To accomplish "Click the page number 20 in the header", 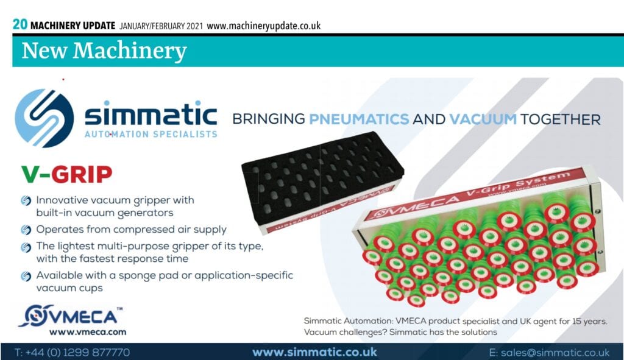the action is [x=20, y=24].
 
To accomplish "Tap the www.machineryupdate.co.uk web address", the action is [x=263, y=26].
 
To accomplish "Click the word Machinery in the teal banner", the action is [x=129, y=51].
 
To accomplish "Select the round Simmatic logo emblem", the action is [x=44, y=118].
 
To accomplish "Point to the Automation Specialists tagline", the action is [x=151, y=135].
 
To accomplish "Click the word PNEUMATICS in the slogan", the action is [x=359, y=119].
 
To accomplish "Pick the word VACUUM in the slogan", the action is [x=483, y=119].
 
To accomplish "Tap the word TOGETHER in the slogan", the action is [x=561, y=119].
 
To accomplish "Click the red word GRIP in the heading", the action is [x=82, y=174].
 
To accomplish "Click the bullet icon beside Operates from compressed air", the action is [x=26, y=230].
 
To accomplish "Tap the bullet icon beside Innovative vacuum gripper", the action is [x=26, y=200].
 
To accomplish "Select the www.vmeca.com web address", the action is [x=88, y=332].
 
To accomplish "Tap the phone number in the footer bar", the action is [x=72, y=353].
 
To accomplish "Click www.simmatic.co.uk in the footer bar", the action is [x=314, y=352].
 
